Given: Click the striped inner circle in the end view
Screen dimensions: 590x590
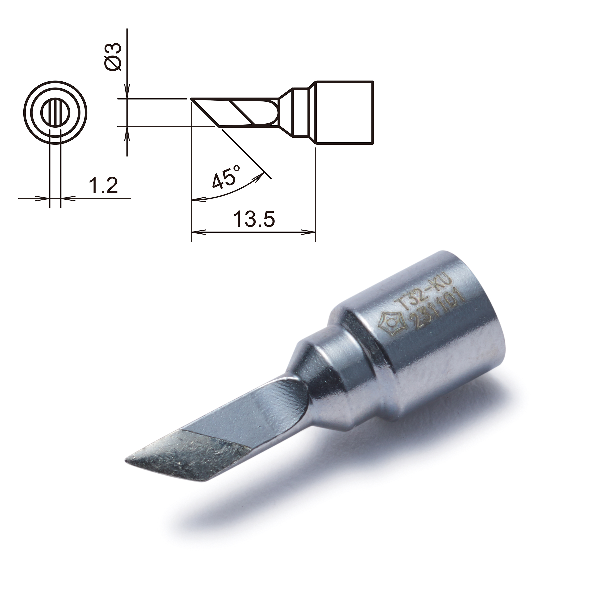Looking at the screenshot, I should (56, 111).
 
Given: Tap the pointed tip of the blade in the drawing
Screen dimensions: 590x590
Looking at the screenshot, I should (192, 99).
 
